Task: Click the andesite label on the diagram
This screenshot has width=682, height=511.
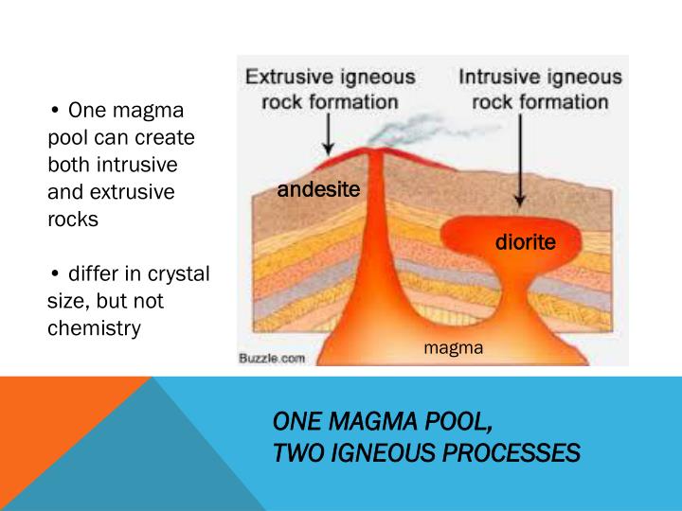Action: [x=318, y=190]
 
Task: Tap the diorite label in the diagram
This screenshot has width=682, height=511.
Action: [x=525, y=243]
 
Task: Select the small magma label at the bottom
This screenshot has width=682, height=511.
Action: [x=453, y=348]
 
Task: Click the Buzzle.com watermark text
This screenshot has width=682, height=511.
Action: [x=272, y=359]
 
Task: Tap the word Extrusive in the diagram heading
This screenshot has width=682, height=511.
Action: [x=286, y=78]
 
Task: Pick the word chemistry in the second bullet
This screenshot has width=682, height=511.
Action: [x=94, y=328]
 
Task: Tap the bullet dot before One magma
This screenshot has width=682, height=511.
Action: [x=56, y=112]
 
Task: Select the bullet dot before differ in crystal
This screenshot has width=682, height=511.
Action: [x=56, y=275]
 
